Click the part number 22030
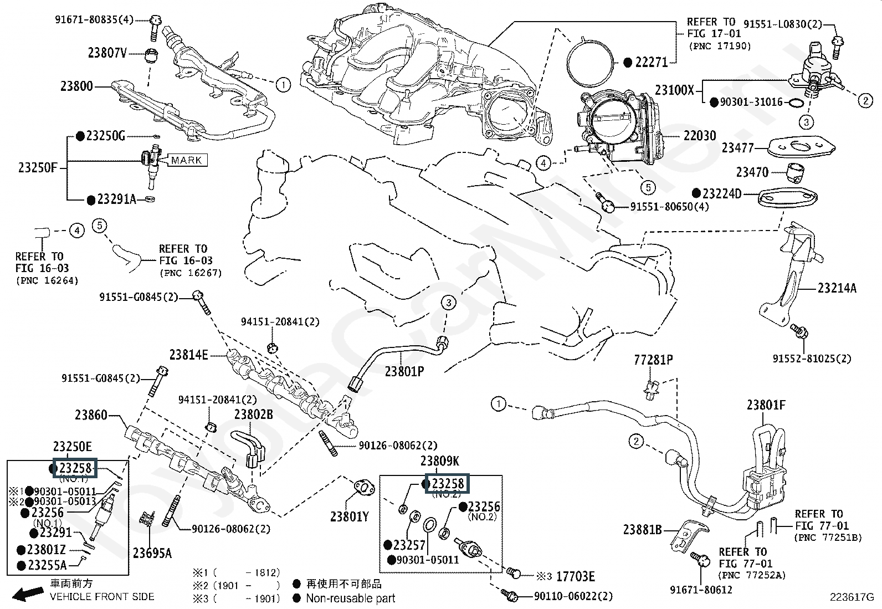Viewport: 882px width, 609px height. tap(699, 136)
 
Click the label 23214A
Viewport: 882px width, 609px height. tap(837, 288)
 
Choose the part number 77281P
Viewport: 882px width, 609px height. tap(653, 360)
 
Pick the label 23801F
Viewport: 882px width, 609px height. tap(766, 405)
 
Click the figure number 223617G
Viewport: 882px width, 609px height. tap(851, 597)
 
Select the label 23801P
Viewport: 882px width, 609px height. tap(404, 371)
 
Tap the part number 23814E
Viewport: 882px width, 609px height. tap(189, 355)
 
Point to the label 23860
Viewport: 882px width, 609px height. tap(91, 414)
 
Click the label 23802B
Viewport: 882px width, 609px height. tap(253, 414)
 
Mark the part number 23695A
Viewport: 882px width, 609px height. tap(152, 552)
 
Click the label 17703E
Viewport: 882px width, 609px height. tap(575, 577)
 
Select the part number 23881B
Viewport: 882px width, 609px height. tap(642, 530)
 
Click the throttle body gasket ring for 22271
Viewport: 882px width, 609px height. tap(589, 62)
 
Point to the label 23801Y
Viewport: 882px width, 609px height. tap(349, 516)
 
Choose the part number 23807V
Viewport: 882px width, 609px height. tap(107, 53)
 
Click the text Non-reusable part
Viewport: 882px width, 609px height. tap(351, 598)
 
